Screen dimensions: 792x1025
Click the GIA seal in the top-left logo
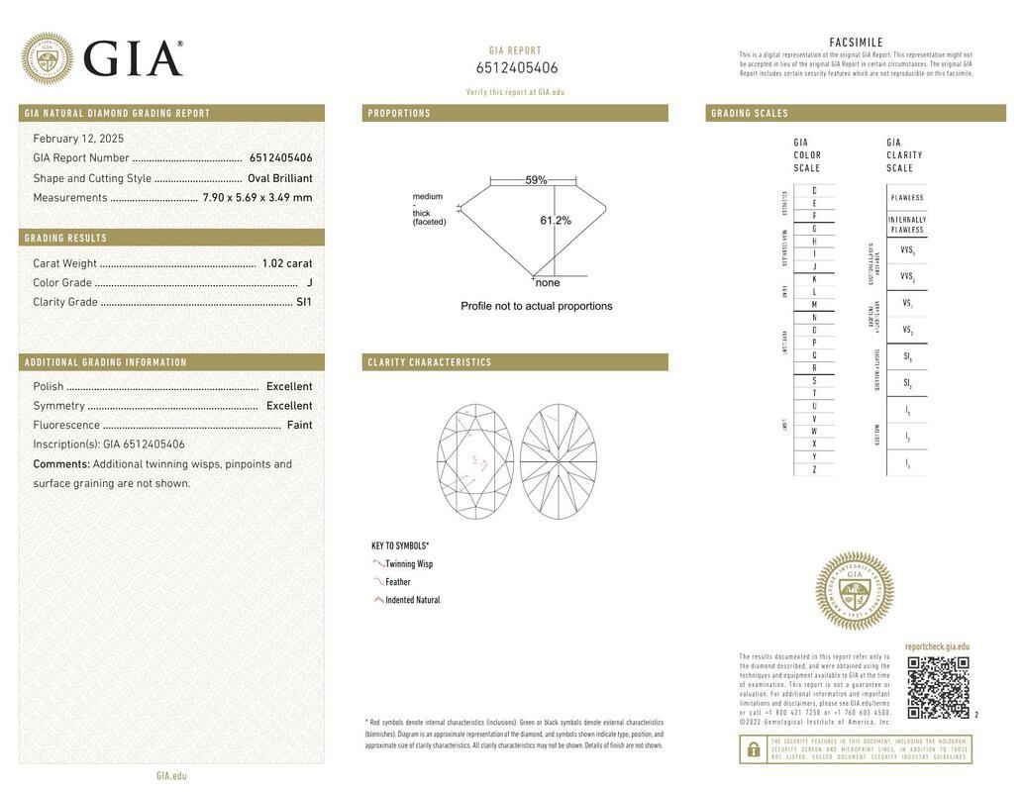(x=47, y=58)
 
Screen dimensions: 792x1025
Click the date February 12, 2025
(x=78, y=139)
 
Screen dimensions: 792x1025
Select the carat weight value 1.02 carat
(x=286, y=263)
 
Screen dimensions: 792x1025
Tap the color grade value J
(x=309, y=283)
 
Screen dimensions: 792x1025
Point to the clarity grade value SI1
(x=304, y=302)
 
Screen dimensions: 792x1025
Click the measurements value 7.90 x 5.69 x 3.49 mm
(x=257, y=198)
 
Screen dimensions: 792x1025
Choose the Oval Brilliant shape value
(x=279, y=178)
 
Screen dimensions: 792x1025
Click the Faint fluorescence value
(x=299, y=425)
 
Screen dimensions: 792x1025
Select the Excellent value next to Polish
(x=288, y=386)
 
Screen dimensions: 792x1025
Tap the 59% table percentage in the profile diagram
(x=536, y=180)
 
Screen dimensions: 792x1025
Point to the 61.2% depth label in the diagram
(x=556, y=221)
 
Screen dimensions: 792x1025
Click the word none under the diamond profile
(x=548, y=283)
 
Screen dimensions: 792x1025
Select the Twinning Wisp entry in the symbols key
(x=409, y=564)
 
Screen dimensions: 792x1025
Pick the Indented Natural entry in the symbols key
(x=413, y=600)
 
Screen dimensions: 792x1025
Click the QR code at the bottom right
(x=938, y=687)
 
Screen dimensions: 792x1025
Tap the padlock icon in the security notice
(x=753, y=749)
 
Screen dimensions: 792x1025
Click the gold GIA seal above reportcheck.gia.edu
(x=854, y=591)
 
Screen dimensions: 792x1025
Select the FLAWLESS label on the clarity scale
(x=906, y=198)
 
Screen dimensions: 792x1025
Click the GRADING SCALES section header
(x=750, y=114)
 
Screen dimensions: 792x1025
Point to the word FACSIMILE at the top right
(x=856, y=43)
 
